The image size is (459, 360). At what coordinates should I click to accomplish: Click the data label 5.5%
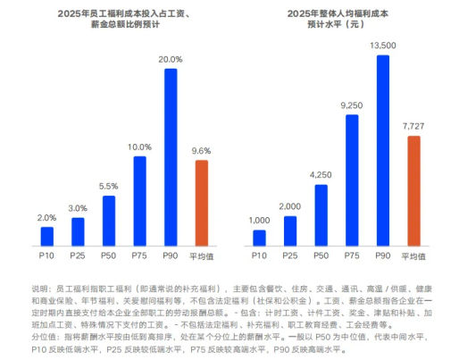point(109,187)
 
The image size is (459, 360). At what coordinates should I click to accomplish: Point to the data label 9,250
point(351,105)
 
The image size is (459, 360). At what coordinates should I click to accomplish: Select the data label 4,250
point(321,175)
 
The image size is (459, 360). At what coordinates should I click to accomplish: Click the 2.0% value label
point(47,218)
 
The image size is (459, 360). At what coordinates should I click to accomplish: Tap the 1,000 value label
point(259,221)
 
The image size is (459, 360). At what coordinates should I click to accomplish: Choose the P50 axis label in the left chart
point(109,255)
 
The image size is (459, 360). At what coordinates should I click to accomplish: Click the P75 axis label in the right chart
point(351,255)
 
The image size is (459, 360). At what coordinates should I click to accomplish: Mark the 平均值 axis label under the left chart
point(201,255)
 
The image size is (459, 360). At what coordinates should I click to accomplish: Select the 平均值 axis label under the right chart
point(413,255)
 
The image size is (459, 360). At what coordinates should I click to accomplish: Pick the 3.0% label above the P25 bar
point(78,208)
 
